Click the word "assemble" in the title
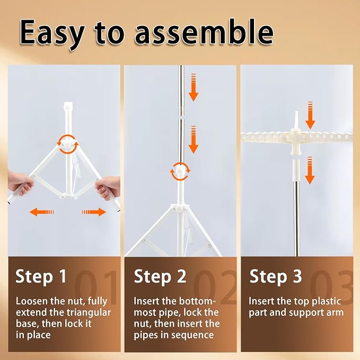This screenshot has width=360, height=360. [x=204, y=32]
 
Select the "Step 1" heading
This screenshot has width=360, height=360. [x=41, y=277]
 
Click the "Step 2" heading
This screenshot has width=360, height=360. [x=160, y=277]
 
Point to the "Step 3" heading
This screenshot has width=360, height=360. [x=276, y=277]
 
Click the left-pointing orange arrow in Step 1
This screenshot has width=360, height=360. [x=42, y=212]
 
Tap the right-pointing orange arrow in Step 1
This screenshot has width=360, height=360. [x=94, y=212]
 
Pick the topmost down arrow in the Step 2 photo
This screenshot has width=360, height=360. [x=194, y=87]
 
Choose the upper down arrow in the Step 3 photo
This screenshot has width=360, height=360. [x=310, y=115]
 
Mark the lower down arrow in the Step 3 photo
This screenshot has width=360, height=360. [x=310, y=171]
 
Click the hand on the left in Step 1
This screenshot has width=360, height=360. [x=21, y=183]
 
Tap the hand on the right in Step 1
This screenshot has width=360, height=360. [x=108, y=187]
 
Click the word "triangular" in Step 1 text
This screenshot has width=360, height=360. [x=89, y=313]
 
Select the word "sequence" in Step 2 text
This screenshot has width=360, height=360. [x=192, y=335]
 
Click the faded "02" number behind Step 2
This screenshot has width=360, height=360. [x=215, y=287]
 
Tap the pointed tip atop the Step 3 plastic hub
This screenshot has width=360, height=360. [x=296, y=112]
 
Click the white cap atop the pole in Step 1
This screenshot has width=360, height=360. [x=68, y=107]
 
